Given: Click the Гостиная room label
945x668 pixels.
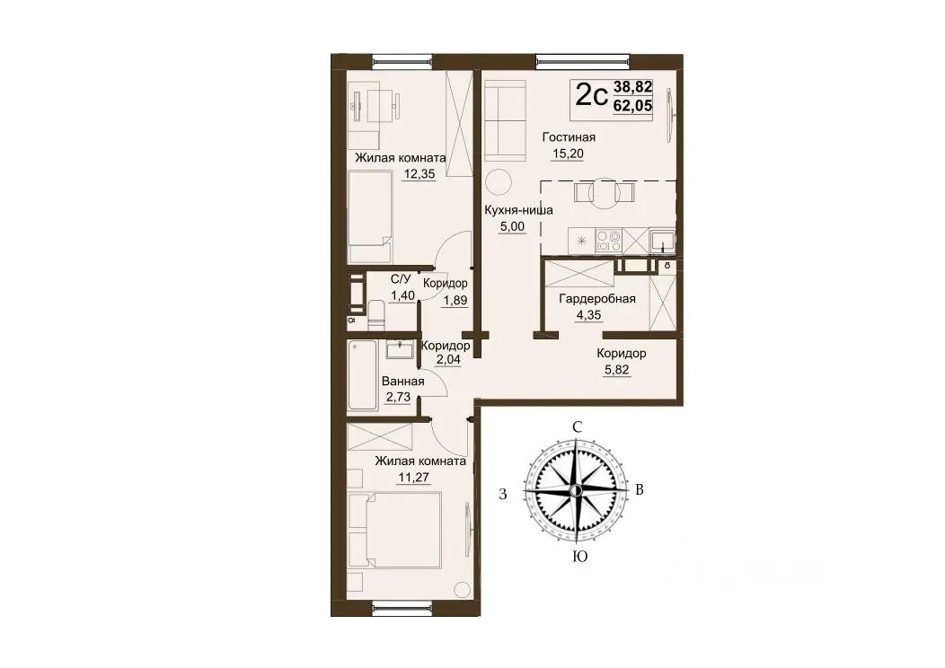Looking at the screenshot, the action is tap(569, 137).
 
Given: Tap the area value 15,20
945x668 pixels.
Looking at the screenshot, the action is tap(568, 154).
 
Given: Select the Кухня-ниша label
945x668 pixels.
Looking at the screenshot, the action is tap(518, 211).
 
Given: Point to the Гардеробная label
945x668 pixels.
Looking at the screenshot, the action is tap(597, 299).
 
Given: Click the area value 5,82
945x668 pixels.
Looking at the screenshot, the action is tap(616, 370).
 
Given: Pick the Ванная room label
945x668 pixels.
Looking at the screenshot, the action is tap(403, 382).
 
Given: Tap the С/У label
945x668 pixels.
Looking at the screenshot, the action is tap(401, 279).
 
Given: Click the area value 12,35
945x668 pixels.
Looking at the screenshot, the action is tap(420, 175).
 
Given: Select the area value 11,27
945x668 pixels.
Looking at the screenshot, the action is tap(413, 478).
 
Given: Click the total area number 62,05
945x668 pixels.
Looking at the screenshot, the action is tap(632, 106).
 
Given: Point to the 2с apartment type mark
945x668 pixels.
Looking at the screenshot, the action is tap(591, 95).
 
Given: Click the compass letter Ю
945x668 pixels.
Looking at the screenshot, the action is tap(579, 557).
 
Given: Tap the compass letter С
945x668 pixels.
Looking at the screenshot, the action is tap(578, 427).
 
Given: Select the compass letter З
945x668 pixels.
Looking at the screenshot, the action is tap(503, 495).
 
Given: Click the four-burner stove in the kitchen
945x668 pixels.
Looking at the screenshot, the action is tap(608, 241).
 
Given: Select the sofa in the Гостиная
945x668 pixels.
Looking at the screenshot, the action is tap(505, 120).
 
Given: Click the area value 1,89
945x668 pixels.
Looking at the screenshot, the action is tap(455, 300).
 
